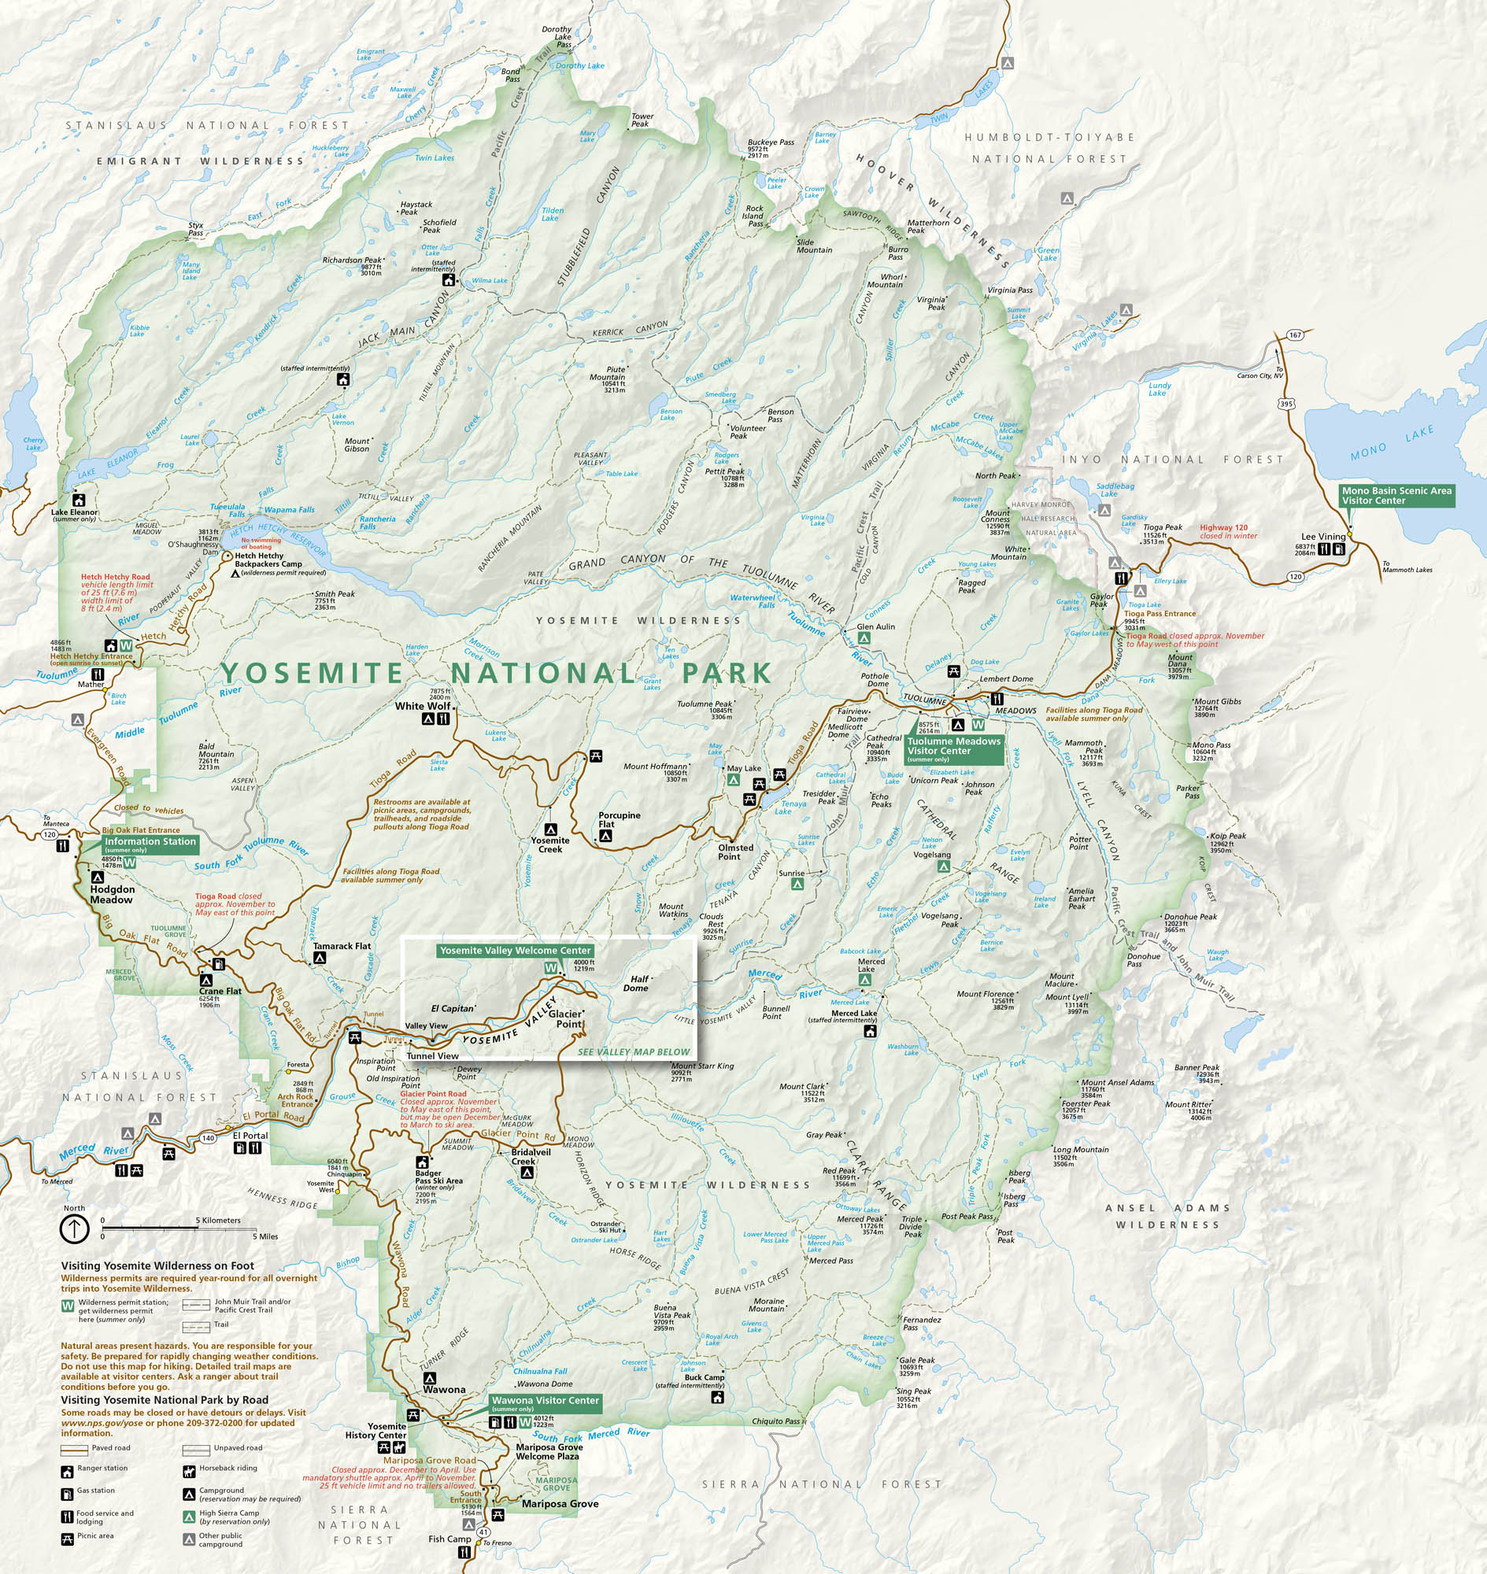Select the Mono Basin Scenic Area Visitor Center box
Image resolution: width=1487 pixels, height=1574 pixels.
tap(1396, 495)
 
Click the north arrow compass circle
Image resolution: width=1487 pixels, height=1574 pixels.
tap(75, 1229)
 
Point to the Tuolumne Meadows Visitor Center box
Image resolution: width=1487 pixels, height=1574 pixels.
tap(954, 749)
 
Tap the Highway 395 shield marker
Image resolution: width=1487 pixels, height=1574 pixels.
tap(1285, 405)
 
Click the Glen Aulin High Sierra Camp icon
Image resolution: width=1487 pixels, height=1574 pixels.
tap(865, 637)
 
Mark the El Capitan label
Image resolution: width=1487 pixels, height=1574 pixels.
tap(453, 1008)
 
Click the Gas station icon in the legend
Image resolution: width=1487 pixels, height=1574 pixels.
tap(68, 1494)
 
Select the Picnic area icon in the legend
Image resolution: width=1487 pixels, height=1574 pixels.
tap(68, 1539)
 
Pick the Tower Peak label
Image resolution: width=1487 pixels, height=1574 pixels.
tap(641, 120)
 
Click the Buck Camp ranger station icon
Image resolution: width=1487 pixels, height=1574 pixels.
tap(717, 1397)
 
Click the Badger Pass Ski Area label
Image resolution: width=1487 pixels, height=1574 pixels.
tap(438, 1180)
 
